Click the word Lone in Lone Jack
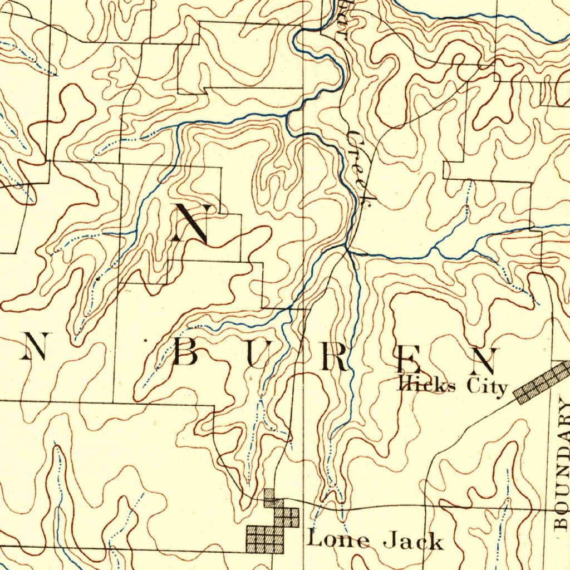click(333, 539)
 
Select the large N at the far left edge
click(35, 346)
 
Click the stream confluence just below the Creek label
click(347, 248)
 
